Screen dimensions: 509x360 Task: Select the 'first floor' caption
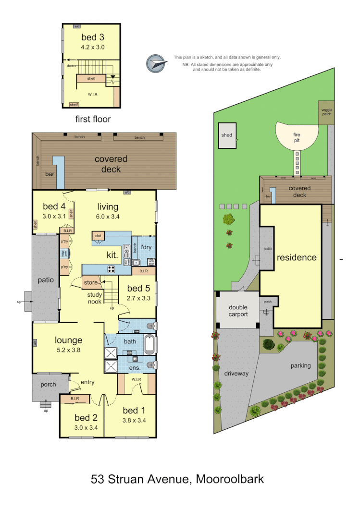coord(93,119)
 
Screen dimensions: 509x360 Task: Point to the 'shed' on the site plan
coord(227,135)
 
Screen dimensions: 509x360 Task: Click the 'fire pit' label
coord(297,138)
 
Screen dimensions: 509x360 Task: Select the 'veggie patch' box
coord(326,112)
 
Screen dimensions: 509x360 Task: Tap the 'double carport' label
coord(238,311)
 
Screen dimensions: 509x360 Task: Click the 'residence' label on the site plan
coord(297,257)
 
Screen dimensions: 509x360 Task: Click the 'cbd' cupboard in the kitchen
coord(98,236)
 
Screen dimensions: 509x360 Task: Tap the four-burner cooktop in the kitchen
coord(112,269)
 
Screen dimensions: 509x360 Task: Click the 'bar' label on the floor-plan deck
coord(50,174)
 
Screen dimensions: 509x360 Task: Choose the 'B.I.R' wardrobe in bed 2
coord(74,399)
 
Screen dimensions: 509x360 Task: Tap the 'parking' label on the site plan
coord(300,365)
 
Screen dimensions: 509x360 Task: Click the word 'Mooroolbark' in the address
coord(230,479)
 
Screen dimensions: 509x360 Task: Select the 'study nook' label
coord(94,298)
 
